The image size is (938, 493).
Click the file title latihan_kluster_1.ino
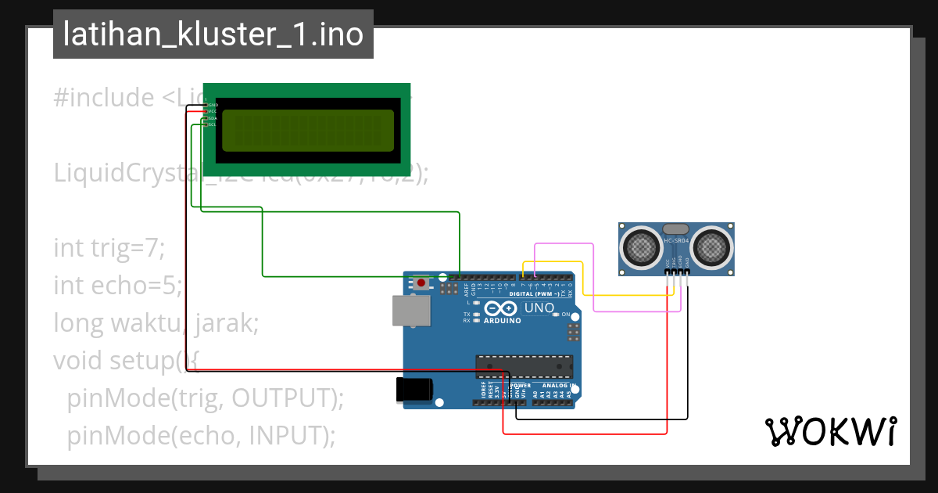coord(213,34)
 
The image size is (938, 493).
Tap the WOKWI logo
coord(830,432)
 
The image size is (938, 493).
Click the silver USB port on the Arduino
coord(411,310)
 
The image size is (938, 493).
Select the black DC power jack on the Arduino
coord(414,390)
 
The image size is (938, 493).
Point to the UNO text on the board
coord(539,308)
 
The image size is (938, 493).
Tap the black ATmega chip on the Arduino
coord(524,366)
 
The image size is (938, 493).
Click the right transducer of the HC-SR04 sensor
coord(712,247)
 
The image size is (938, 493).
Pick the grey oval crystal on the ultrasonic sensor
coord(676,229)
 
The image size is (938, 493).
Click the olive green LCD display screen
coord(308,131)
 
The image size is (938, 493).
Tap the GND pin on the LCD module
coord(212,105)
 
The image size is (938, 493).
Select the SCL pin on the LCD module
coord(212,124)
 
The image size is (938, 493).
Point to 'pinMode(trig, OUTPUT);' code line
coord(205,398)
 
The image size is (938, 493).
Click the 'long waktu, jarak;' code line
coord(156,322)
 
